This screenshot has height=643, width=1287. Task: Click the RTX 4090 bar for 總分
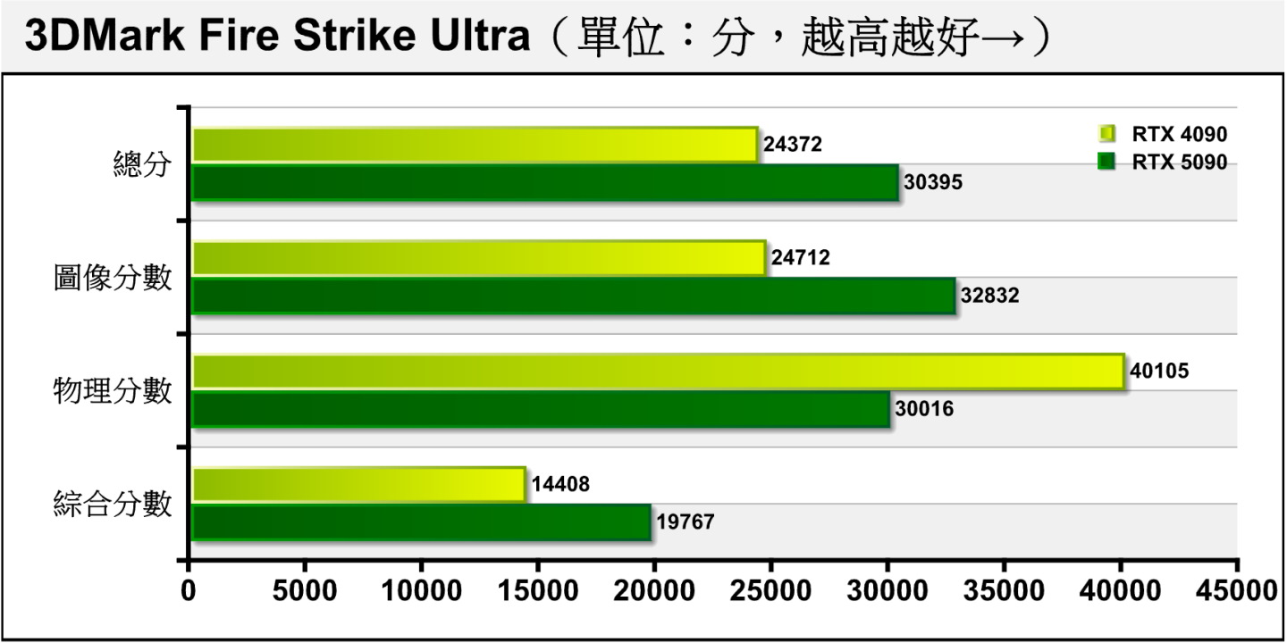click(x=475, y=145)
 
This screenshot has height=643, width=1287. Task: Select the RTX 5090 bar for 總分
click(x=545, y=182)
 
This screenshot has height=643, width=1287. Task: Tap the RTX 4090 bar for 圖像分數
click(x=478, y=258)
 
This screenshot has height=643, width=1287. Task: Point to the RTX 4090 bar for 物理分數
click(x=657, y=371)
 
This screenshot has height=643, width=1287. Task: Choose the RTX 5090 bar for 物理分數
click(x=541, y=409)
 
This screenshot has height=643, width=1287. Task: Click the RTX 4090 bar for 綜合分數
click(x=358, y=484)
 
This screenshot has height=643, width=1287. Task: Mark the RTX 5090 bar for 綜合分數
click(x=421, y=522)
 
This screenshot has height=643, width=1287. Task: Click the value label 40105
click(x=1159, y=371)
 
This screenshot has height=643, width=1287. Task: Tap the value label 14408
click(x=560, y=484)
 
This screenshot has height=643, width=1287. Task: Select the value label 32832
click(x=989, y=296)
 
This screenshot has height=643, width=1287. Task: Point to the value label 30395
click(x=933, y=182)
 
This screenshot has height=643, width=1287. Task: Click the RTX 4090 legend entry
click(x=1163, y=135)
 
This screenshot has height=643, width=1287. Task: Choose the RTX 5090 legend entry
click(x=1163, y=163)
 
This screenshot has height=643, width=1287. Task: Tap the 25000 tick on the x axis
click(x=770, y=590)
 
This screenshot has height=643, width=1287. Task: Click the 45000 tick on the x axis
click(x=1237, y=590)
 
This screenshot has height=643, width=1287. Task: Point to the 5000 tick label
click(x=305, y=590)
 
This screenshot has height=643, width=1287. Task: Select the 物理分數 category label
click(x=112, y=390)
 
